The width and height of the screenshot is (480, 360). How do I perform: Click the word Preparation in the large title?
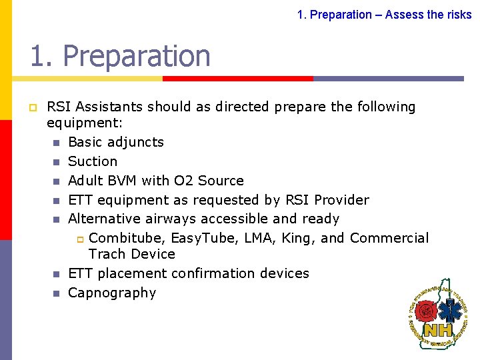coord(137,56)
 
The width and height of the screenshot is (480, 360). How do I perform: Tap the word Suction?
coord(93,161)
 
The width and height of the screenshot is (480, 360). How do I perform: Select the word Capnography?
coord(112,293)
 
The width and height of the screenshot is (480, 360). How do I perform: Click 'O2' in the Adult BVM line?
coord(182,181)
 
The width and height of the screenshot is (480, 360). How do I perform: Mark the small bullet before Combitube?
coord(77,239)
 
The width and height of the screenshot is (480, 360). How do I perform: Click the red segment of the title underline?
coord(238,78)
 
